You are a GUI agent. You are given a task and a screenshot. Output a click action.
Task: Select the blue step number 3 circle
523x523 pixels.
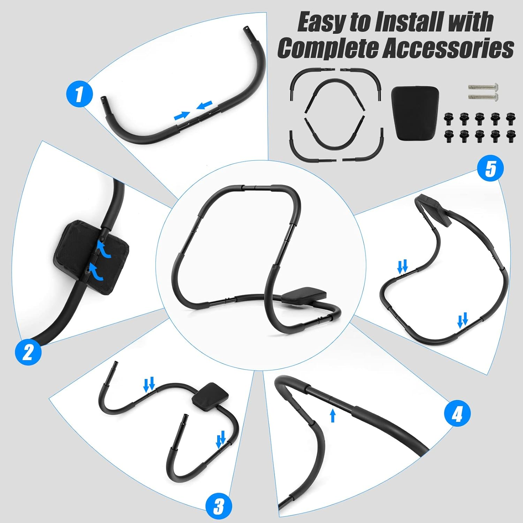219,506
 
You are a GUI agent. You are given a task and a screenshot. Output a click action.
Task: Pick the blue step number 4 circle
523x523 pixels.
457,414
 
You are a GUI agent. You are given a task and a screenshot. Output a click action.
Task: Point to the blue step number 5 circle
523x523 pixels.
490,168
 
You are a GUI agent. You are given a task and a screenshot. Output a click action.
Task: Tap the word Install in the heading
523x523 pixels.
409,23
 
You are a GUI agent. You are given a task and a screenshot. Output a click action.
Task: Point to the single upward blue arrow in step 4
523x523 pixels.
333,415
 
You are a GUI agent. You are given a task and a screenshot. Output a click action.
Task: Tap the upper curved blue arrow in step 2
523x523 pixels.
104,250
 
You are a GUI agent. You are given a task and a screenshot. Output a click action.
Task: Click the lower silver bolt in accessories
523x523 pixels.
483,96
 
